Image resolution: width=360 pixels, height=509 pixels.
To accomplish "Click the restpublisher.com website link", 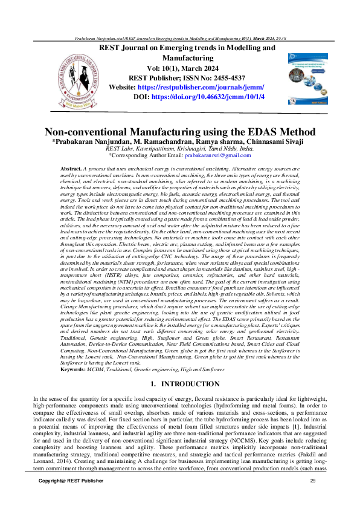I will [208, 87].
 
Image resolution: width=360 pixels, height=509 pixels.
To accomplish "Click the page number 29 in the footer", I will [312, 497].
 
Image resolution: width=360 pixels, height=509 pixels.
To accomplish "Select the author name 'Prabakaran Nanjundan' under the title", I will [82, 141].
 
